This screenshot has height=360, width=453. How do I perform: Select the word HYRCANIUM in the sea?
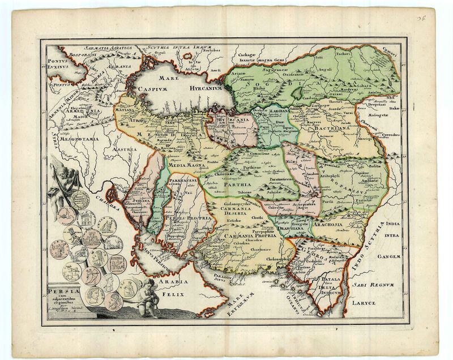(x=201, y=89)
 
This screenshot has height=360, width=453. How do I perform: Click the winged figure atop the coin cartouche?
(x=62, y=179)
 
